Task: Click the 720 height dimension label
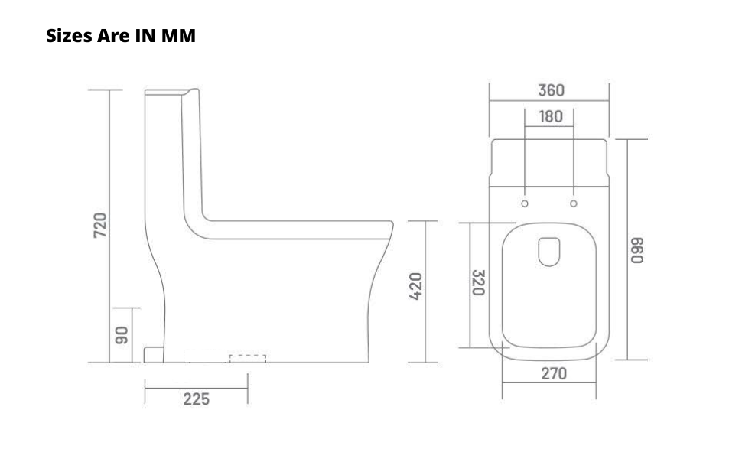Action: (x=100, y=225)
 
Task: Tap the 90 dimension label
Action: (x=121, y=334)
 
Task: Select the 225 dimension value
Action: (x=196, y=399)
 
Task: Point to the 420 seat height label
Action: (x=415, y=285)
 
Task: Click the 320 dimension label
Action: (x=479, y=282)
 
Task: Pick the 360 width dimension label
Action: (x=550, y=90)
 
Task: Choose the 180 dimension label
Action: (x=550, y=117)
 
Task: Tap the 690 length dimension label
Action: (x=636, y=250)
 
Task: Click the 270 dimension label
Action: (x=554, y=373)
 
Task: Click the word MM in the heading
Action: (x=178, y=36)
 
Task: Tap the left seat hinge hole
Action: (x=525, y=203)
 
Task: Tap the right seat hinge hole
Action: (x=574, y=203)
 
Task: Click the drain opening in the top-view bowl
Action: (x=549, y=252)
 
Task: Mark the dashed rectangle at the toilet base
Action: (x=248, y=358)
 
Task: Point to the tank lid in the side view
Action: (x=172, y=93)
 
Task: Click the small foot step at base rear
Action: (x=154, y=353)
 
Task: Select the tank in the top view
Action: (x=549, y=162)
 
